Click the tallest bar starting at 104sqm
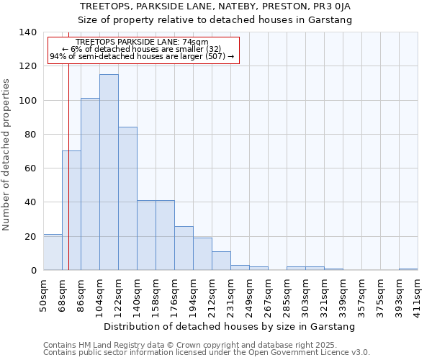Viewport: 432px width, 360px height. coord(109,173)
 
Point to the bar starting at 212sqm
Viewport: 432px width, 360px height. coord(221,261)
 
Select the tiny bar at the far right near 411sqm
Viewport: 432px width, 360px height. coord(408,269)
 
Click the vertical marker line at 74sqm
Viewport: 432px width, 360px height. coord(68,166)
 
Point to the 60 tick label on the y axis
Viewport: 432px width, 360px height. coord(30,168)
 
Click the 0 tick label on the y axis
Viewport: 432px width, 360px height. coord(33,271)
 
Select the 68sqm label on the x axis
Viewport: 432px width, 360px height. coord(63,294)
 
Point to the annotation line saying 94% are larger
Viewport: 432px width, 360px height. coord(142,56)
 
